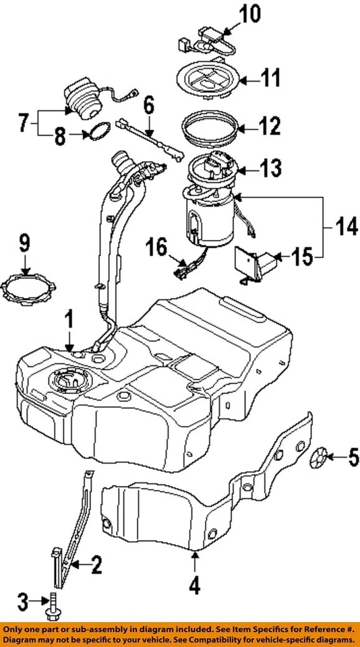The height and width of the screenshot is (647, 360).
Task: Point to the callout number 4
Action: pyautogui.click(x=193, y=587)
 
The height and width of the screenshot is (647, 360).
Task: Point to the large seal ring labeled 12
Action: pyautogui.click(x=210, y=127)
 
